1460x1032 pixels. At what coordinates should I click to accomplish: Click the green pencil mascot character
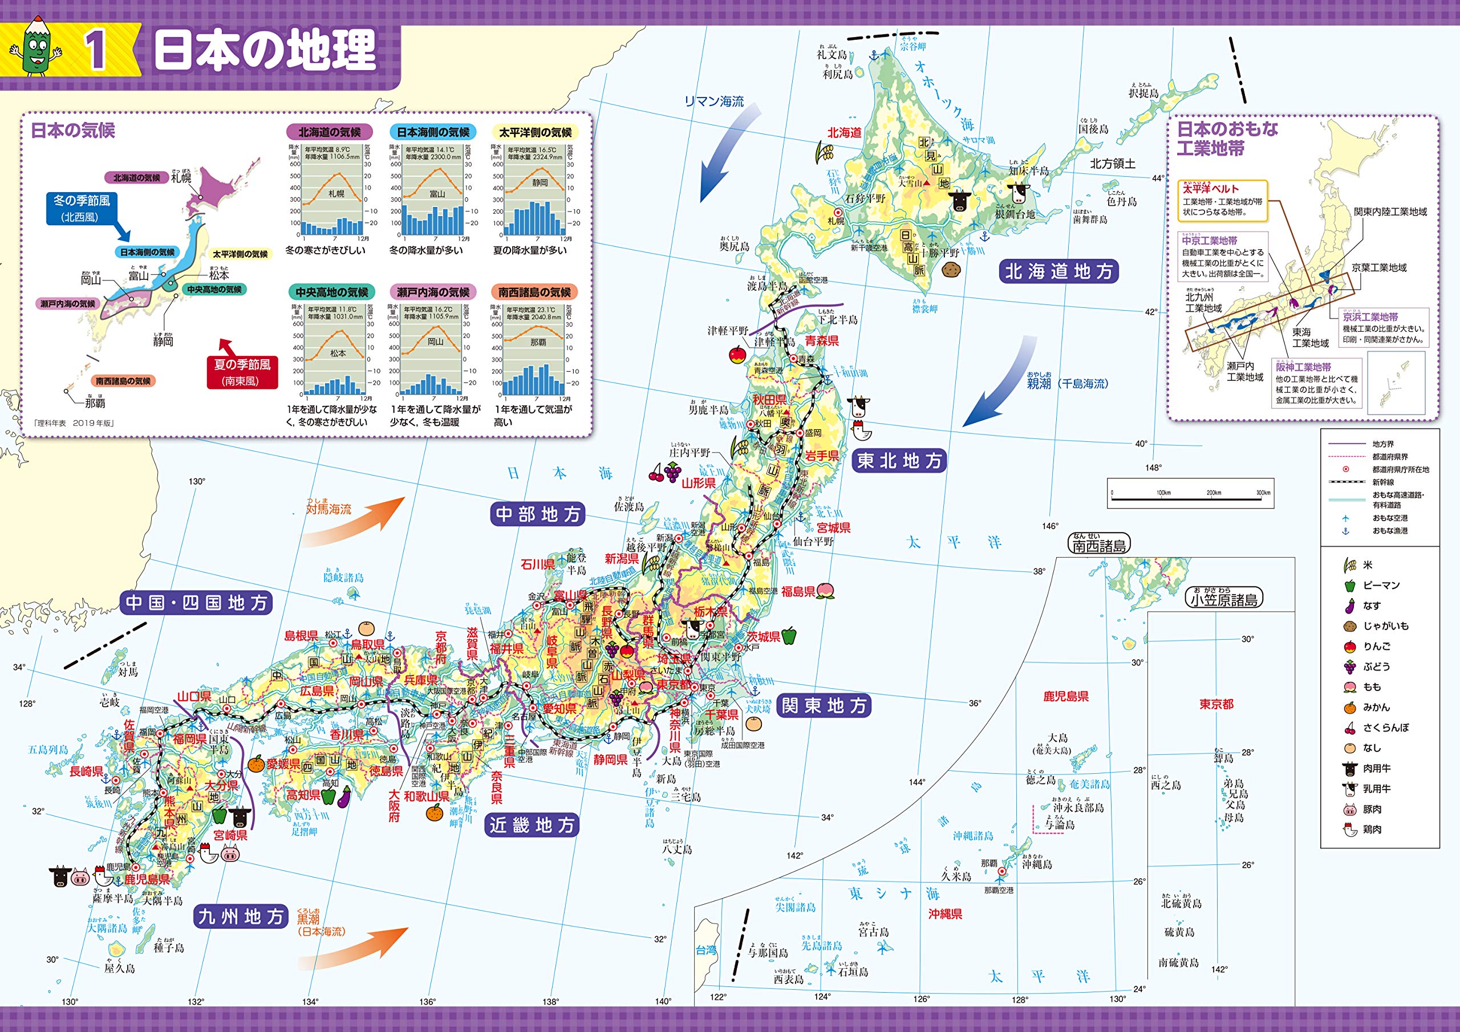click(x=40, y=48)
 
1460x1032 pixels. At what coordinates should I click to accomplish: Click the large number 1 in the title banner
click(x=96, y=51)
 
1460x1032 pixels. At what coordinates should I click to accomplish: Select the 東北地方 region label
click(x=898, y=460)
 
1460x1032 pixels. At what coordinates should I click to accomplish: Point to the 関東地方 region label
click(x=824, y=706)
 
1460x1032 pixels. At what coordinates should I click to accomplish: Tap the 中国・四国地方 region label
click(x=197, y=603)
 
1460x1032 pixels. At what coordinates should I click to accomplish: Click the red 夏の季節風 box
click(x=242, y=372)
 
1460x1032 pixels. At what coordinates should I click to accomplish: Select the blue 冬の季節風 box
click(x=82, y=208)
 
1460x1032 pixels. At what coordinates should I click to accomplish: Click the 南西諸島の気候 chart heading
click(x=534, y=292)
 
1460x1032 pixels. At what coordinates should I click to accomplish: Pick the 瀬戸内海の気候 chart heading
click(x=432, y=292)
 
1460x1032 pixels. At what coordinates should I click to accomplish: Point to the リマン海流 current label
click(x=713, y=101)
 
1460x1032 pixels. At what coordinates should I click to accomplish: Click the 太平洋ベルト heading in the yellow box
click(x=1211, y=189)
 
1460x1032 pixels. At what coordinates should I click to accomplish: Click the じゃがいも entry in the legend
click(x=1386, y=625)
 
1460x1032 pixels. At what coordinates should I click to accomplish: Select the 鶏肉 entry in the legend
click(x=1372, y=829)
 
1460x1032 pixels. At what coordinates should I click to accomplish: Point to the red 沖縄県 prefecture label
click(x=945, y=914)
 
